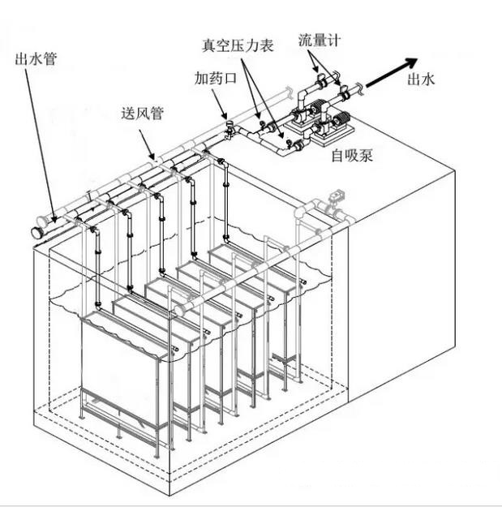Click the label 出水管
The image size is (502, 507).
(x=36, y=58)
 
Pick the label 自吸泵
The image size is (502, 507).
(x=352, y=156)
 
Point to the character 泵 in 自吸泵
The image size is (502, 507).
(x=367, y=156)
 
